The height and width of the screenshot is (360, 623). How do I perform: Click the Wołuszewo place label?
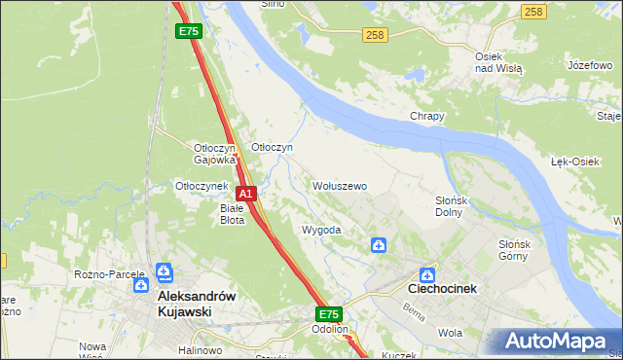339,186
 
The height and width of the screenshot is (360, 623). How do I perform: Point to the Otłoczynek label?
201,186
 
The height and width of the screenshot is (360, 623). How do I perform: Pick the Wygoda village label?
321,231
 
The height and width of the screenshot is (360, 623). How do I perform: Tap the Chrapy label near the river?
426,116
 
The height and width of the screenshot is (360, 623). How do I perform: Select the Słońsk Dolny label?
453,205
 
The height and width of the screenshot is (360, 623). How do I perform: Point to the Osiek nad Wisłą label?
498,63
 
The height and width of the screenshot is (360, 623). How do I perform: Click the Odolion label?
330,329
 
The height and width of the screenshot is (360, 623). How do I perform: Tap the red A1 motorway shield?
247,194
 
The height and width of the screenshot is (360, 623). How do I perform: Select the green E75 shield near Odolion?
328,314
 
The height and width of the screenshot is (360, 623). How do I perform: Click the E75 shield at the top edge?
189,32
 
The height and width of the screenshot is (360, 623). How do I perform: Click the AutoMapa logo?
554,342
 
